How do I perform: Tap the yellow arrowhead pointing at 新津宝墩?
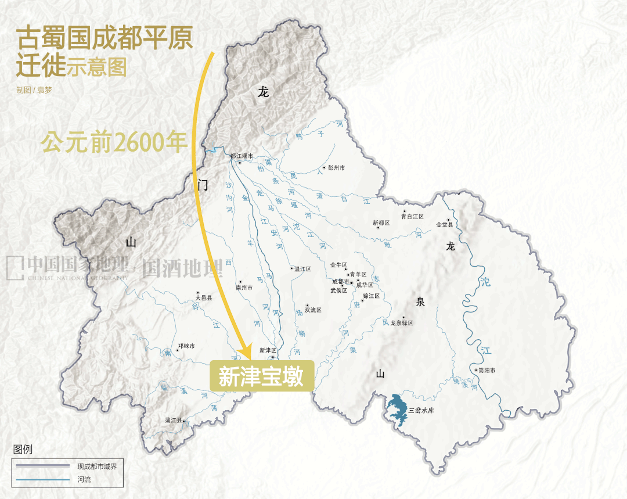point(246,352)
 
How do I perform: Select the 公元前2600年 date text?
point(114,142)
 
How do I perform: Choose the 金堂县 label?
point(444,224)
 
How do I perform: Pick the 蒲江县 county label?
point(174,419)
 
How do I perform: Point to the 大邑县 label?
point(204,298)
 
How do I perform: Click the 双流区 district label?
point(313,310)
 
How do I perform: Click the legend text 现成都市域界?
point(97,466)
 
